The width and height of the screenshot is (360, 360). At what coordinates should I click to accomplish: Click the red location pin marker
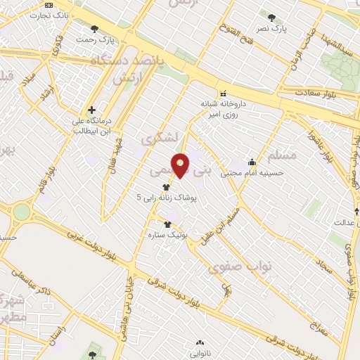coord(181,165)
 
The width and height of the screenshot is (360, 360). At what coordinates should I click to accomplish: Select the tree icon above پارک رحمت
coord(95,30)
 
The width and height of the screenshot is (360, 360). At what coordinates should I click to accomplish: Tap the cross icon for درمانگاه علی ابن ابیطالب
coord(91,110)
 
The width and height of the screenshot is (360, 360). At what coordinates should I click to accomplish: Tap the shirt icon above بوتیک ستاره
coord(167,224)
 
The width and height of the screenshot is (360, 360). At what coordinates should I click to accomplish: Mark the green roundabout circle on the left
coord(22,212)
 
